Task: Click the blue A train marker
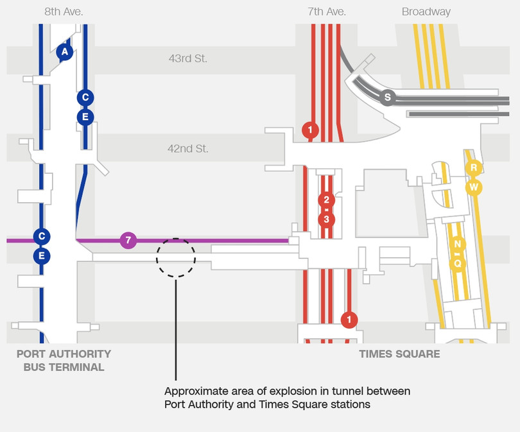click(64, 52)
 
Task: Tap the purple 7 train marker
click(128, 241)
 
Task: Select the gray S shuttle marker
click(386, 98)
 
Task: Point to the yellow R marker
click(473, 168)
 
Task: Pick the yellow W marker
click(473, 187)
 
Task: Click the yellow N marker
click(457, 244)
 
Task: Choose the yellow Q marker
click(457, 263)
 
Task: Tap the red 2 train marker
click(326, 200)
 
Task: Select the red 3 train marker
click(326, 220)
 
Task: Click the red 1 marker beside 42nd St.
click(310, 130)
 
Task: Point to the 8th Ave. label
click(64, 12)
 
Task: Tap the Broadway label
click(426, 12)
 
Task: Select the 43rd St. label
click(188, 58)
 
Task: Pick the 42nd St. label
click(188, 148)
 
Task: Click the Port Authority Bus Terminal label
click(64, 361)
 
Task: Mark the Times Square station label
click(399, 354)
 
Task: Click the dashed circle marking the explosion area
click(175, 257)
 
